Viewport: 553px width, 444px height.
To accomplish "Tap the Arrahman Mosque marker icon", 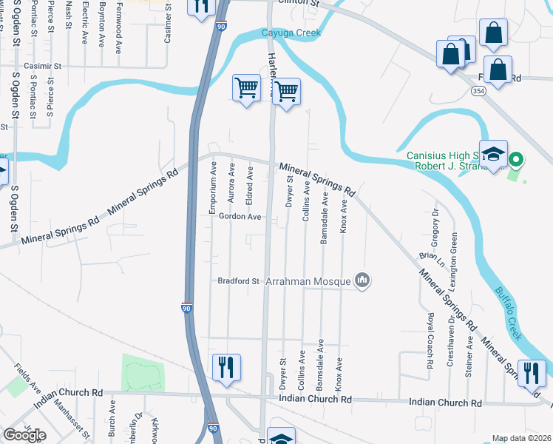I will coord(362,280).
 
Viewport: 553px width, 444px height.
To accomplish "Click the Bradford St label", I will coord(239,281).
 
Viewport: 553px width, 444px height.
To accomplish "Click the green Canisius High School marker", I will coord(518,159).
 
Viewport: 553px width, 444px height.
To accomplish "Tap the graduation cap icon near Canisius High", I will coord(493,154).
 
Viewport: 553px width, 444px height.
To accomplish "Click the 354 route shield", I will coord(478,90).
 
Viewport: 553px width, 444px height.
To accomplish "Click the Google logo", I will coord(25,434).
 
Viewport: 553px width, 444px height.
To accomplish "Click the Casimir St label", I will coord(43,66).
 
